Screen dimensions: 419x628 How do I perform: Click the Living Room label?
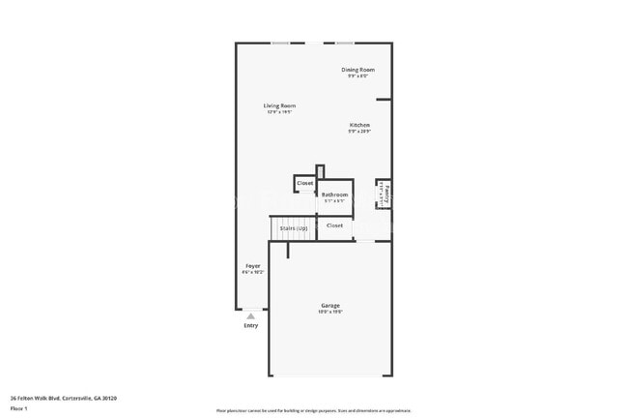coord(279,105)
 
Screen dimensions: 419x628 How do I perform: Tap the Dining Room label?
coord(357,70)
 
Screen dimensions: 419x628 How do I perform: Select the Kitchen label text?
coord(359,125)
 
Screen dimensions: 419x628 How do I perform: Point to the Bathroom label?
coord(334,195)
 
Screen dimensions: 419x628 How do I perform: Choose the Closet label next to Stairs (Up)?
coord(334,225)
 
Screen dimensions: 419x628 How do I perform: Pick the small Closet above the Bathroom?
coord(304,183)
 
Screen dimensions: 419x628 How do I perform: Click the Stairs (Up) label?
coord(294,228)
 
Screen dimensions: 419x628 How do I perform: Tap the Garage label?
coord(330,306)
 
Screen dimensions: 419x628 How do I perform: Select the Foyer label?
coord(252,265)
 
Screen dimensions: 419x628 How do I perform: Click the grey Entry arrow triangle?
coord(251,315)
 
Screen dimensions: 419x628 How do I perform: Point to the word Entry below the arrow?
coord(251,325)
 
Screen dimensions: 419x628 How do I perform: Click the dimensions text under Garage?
coord(330,313)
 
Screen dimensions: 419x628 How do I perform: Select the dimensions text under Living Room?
coord(279,112)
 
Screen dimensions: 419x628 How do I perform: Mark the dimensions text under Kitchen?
coord(359,132)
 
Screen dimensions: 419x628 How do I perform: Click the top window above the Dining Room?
coord(344,43)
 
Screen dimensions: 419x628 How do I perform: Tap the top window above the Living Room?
coord(281,43)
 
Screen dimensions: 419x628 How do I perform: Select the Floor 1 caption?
coord(19,407)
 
